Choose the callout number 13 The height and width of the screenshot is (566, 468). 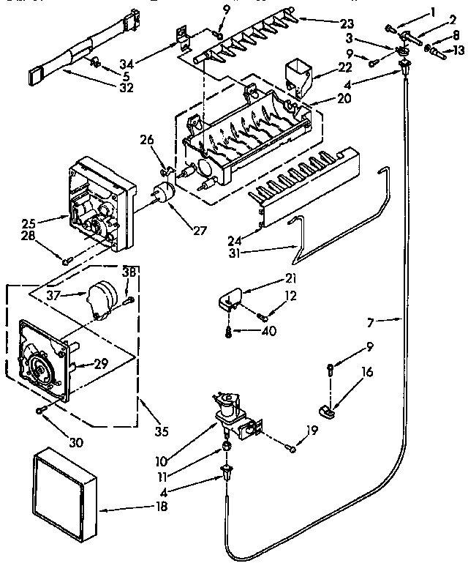[458, 50]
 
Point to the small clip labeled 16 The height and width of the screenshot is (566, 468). [326, 412]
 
